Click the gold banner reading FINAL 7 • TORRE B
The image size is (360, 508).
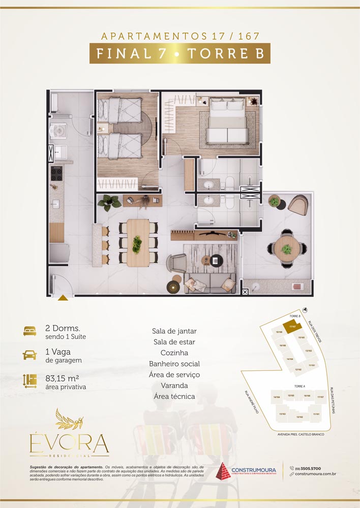pyautogui.click(x=179, y=53)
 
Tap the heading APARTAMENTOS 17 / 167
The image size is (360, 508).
pyautogui.click(x=179, y=37)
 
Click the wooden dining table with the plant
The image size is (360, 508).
pyautogui.click(x=136, y=242)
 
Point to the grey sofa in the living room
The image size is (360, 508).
pyautogui.click(x=210, y=282)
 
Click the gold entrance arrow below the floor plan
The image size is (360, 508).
pyautogui.click(x=63, y=298)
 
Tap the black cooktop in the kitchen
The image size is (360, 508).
pyautogui.click(x=56, y=174)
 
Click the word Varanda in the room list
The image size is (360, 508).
pyautogui.click(x=174, y=386)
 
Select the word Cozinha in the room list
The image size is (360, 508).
pyautogui.click(x=174, y=353)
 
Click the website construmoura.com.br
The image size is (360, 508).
pyautogui.click(x=315, y=474)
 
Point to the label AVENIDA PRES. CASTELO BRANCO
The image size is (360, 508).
pyautogui.click(x=301, y=435)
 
